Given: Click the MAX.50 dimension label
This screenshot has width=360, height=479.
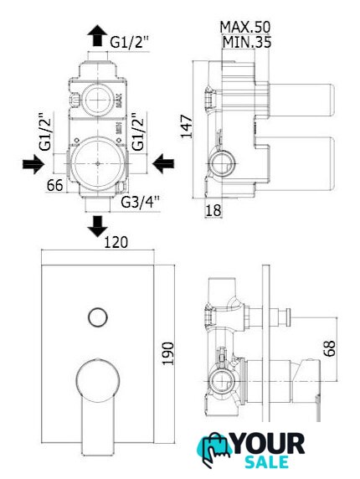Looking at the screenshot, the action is pyautogui.click(x=245, y=27).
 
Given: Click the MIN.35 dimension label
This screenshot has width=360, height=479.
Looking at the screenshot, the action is pyautogui.click(x=247, y=42).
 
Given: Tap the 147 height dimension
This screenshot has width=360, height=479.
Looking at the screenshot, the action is pyautogui.click(x=187, y=126).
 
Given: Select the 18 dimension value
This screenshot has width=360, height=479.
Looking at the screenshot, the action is pyautogui.click(x=213, y=210).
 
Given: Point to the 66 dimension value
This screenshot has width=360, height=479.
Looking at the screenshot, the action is pyautogui.click(x=55, y=185).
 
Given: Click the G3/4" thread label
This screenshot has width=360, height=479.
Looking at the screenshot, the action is pyautogui.click(x=141, y=202).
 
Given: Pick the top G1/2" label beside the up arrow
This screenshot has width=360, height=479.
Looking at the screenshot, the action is pyautogui.click(x=129, y=42).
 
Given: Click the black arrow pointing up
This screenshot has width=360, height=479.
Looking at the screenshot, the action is pyautogui.click(x=97, y=35).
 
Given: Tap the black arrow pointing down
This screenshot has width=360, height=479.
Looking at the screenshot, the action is pyautogui.click(x=97, y=226).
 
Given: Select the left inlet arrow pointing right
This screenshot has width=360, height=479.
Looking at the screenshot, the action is pyautogui.click(x=33, y=164).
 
